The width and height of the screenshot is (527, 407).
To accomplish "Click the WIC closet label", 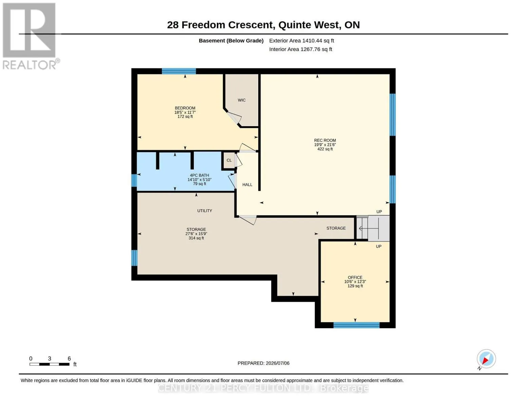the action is click(x=242, y=100).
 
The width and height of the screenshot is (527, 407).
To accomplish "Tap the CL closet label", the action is click(x=229, y=160).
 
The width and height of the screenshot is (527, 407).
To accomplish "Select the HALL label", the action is click(x=247, y=185).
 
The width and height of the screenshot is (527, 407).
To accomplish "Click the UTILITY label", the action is click(x=204, y=211).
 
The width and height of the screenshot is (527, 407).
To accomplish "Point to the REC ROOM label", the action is click(x=325, y=140).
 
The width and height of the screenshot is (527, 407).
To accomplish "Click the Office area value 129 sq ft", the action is click(x=355, y=286).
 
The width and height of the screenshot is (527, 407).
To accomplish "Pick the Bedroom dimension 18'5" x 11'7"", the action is click(x=185, y=113).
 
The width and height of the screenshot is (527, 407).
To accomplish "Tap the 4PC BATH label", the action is click(x=199, y=175).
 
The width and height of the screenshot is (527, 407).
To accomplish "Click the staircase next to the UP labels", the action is click(x=373, y=228).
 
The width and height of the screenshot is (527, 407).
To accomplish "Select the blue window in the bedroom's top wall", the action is click(x=179, y=71).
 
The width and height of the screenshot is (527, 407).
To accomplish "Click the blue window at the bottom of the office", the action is click(x=356, y=325).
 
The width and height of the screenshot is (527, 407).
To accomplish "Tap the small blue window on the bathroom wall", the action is click(x=134, y=180).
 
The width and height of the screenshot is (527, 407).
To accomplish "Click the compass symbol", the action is click(x=486, y=359).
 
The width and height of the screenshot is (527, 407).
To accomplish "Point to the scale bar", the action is click(x=50, y=364).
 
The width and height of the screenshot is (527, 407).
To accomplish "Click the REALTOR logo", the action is click(x=30, y=36).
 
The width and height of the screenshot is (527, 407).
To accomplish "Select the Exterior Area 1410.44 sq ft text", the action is click(x=301, y=41).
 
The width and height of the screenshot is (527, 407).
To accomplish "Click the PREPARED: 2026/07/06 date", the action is click(x=263, y=363).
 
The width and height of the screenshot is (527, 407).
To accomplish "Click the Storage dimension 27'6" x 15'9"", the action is click(x=196, y=234).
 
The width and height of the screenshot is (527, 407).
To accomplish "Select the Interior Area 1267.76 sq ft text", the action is click(x=300, y=50).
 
